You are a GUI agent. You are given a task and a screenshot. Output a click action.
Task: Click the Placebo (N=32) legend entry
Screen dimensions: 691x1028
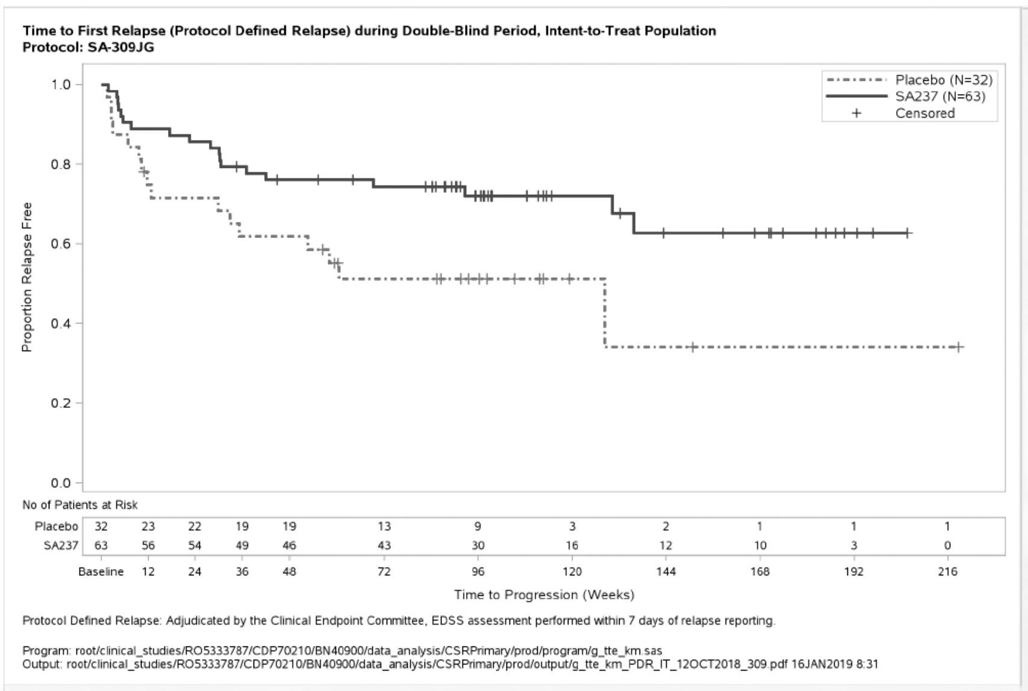pyautogui.click(x=943, y=80)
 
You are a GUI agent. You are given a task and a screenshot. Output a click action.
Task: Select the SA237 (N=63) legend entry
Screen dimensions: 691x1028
pyautogui.click(x=940, y=96)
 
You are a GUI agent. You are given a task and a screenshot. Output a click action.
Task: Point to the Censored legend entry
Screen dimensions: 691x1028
pyautogui.click(x=924, y=113)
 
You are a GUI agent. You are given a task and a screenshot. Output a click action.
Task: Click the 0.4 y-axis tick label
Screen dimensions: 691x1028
pyautogui.click(x=61, y=324)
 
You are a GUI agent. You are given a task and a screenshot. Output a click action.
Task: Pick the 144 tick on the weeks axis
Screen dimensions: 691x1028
pyautogui.click(x=665, y=571)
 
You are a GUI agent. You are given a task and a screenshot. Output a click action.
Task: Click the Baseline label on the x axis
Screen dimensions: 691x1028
pyautogui.click(x=101, y=571)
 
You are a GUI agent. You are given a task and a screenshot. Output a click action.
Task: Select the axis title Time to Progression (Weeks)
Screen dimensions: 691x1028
pyautogui.click(x=544, y=595)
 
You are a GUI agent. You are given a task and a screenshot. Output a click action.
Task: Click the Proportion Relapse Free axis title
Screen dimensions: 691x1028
pyautogui.click(x=26, y=277)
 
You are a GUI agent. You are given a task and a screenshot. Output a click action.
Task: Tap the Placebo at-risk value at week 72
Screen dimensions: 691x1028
pyautogui.click(x=384, y=527)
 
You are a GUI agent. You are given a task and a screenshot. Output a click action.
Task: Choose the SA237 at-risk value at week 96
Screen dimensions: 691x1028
pyautogui.click(x=478, y=546)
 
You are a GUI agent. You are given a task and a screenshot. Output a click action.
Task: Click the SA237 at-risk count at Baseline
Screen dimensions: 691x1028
pyautogui.click(x=101, y=546)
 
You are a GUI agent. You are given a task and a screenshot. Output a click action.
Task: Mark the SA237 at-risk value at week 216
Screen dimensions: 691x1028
pyautogui.click(x=947, y=546)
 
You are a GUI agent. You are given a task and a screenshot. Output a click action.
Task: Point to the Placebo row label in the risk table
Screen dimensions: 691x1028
pyautogui.click(x=56, y=527)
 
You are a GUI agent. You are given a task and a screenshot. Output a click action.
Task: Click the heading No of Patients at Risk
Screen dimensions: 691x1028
pyautogui.click(x=79, y=505)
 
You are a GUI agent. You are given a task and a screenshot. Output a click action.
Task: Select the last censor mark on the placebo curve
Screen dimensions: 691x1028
pyautogui.click(x=959, y=347)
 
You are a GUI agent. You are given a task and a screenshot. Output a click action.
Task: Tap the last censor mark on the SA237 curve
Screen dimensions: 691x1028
pyautogui.click(x=908, y=233)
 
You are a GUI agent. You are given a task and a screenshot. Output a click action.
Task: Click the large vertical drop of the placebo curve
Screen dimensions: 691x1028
pyautogui.click(x=605, y=313)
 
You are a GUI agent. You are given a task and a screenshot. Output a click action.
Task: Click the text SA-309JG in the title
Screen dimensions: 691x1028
pyautogui.click(x=120, y=47)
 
